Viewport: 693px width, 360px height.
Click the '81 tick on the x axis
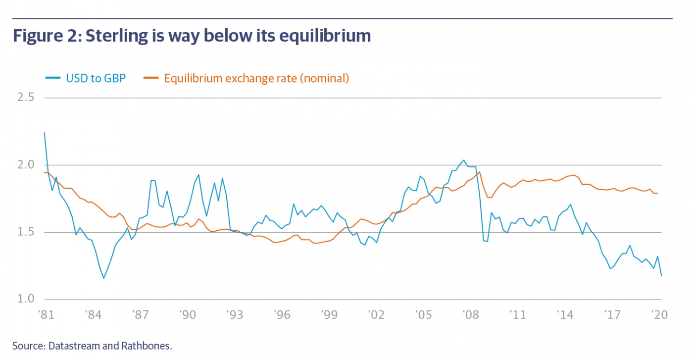click(46, 314)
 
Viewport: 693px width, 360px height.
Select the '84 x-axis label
click(93, 314)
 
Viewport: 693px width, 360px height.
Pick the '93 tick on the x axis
click(235, 314)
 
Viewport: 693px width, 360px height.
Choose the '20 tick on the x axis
click(659, 314)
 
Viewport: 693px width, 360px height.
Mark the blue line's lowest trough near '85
click(103, 278)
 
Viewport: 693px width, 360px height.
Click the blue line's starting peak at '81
click(45, 133)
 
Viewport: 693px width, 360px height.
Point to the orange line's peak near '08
click(480, 172)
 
